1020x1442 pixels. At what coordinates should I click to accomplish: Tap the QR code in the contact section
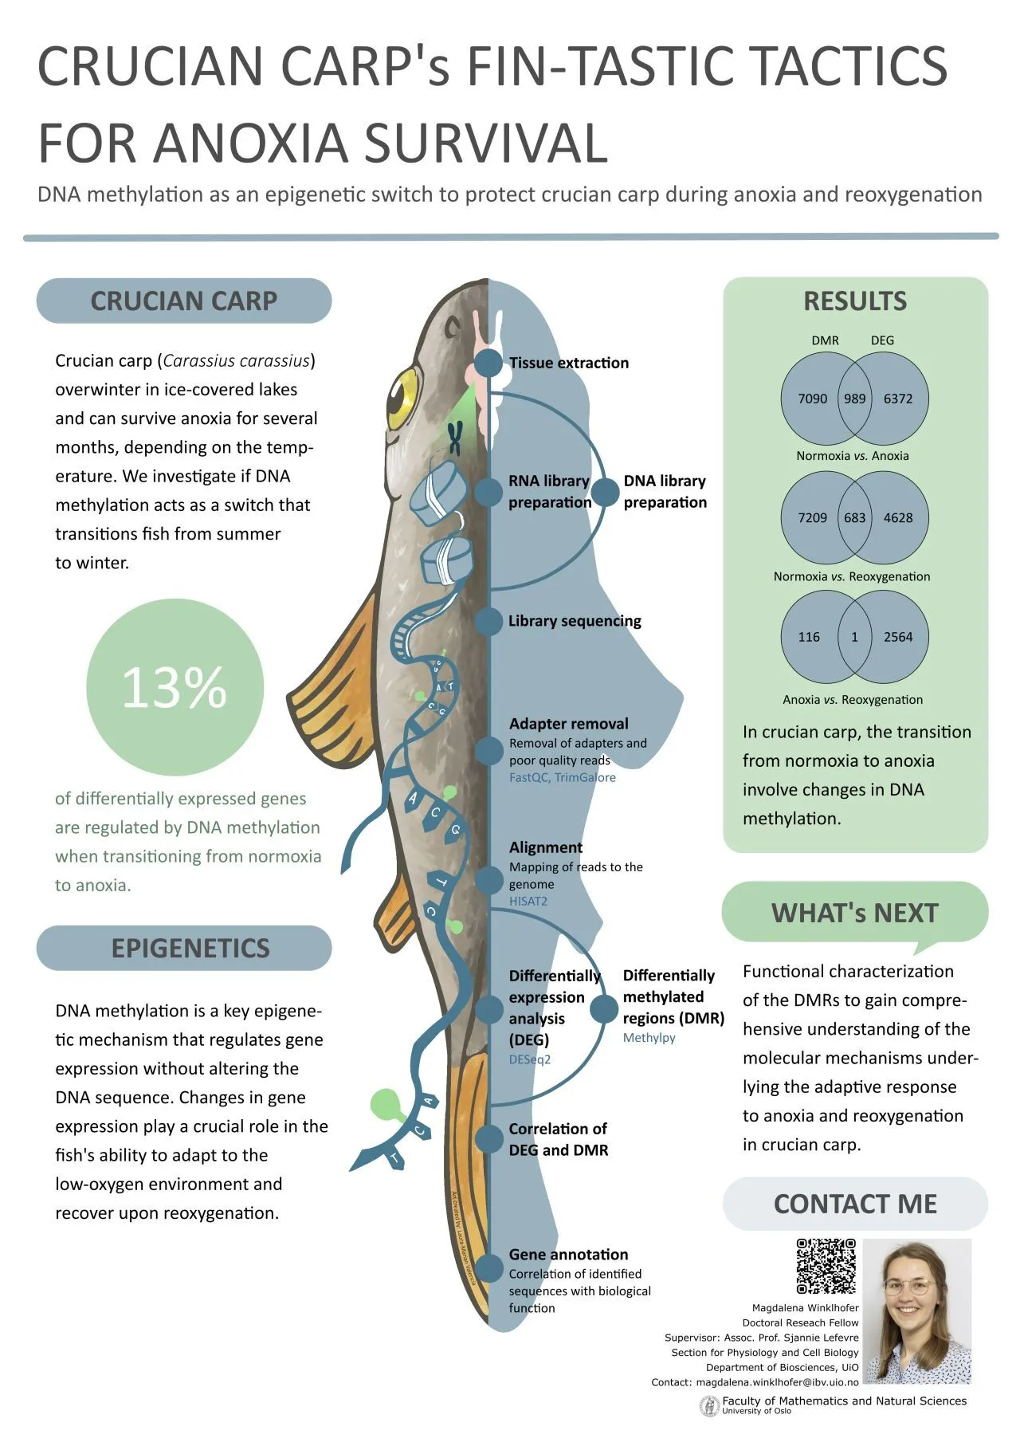pyautogui.click(x=826, y=1266)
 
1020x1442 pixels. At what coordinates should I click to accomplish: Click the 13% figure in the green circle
pyautogui.click(x=175, y=687)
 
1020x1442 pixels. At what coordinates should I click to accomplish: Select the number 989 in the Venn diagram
pyautogui.click(x=854, y=399)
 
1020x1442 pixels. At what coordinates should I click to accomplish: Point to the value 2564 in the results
pyautogui.click(x=898, y=637)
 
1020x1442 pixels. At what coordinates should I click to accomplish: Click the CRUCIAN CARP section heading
pyautogui.click(x=183, y=301)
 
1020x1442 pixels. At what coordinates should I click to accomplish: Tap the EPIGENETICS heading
pyautogui.click(x=190, y=949)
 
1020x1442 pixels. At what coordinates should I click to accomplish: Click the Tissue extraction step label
pyautogui.click(x=569, y=363)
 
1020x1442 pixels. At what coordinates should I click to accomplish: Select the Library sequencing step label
pyautogui.click(x=575, y=621)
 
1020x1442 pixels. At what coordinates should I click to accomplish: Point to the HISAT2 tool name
pyautogui.click(x=528, y=902)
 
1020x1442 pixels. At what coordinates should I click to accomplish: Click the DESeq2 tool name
pyautogui.click(x=530, y=1059)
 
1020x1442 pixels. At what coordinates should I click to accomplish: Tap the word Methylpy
pyautogui.click(x=649, y=1038)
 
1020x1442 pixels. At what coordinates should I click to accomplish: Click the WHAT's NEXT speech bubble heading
pyautogui.click(x=854, y=914)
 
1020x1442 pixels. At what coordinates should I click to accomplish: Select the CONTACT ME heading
pyautogui.click(x=855, y=1204)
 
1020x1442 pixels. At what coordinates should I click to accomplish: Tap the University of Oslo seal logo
pyautogui.click(x=708, y=1407)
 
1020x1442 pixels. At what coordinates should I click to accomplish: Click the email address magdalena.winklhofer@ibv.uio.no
pyautogui.click(x=777, y=1382)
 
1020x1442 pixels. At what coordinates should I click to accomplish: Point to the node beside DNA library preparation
pyautogui.click(x=606, y=492)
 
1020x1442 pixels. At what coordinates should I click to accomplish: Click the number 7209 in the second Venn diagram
pyautogui.click(x=812, y=518)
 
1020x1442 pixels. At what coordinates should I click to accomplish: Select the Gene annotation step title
pyautogui.click(x=568, y=1255)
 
